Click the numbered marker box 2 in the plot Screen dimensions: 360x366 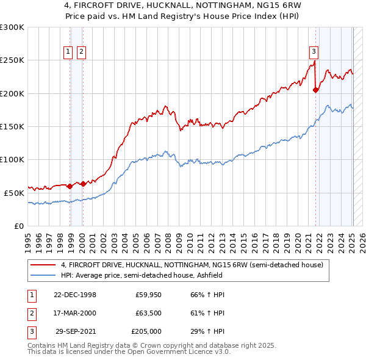[81, 52]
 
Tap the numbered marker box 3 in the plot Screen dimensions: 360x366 [313, 52]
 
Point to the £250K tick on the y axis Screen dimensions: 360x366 [12, 60]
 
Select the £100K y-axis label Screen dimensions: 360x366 [12, 159]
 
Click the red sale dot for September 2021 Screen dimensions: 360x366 [315, 90]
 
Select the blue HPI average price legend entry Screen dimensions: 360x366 [165, 275]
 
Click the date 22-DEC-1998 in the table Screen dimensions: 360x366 [74, 295]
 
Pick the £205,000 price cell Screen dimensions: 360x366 [146, 331]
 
